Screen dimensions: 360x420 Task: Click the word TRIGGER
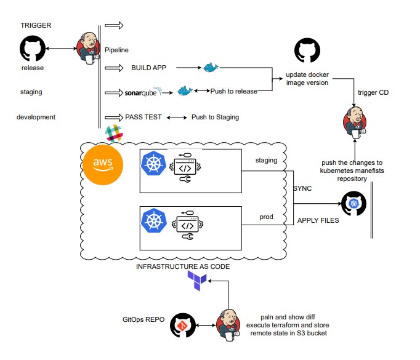click(36, 25)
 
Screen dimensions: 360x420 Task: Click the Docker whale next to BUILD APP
click(211, 67)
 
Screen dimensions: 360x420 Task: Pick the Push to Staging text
click(215, 117)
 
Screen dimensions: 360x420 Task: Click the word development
click(36, 117)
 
